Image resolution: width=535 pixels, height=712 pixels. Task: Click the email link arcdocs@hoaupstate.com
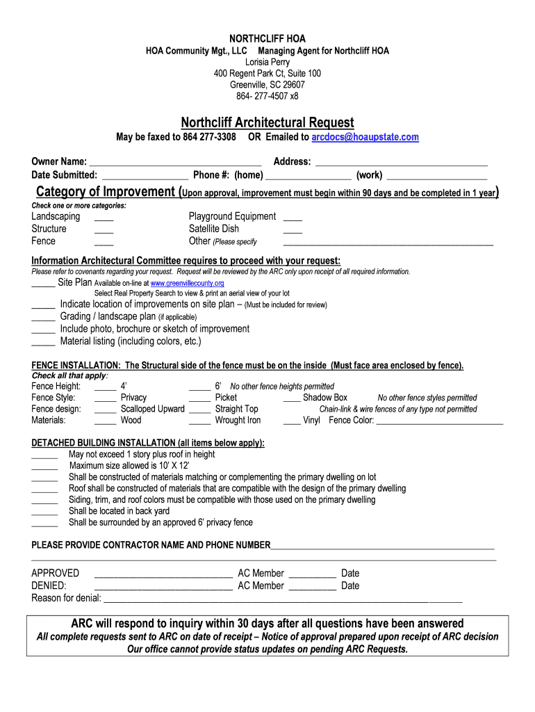365,137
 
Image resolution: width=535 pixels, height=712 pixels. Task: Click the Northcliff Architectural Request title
267,122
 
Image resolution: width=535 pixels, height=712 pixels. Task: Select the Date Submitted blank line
145,176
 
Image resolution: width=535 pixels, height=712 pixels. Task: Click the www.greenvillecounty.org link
187,284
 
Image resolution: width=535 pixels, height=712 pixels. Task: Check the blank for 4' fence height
105,387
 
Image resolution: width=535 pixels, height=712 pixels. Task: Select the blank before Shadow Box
292,399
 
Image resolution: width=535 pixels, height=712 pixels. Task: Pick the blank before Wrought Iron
199,421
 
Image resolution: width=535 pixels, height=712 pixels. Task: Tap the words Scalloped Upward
152,409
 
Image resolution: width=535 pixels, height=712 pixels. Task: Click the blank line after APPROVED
163,575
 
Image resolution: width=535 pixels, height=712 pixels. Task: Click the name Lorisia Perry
267,62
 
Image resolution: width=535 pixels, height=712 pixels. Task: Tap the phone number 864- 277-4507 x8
267,96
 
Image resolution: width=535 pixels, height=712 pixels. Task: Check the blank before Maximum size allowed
45,467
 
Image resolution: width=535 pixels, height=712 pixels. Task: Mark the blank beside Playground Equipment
293,218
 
